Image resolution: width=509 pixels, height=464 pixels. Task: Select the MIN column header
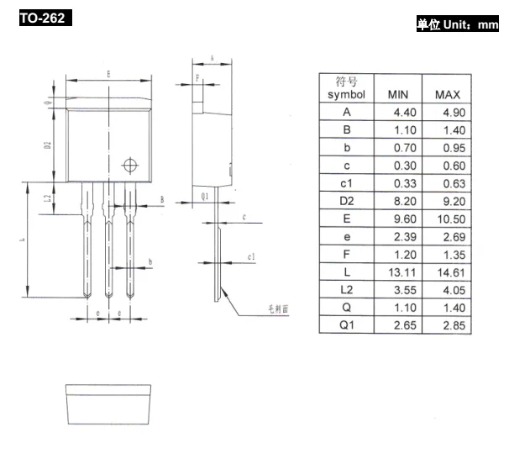point(397,95)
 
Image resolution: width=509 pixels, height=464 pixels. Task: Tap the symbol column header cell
point(346,88)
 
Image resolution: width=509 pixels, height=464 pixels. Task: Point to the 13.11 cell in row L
point(397,272)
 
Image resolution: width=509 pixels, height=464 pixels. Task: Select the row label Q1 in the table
point(346,325)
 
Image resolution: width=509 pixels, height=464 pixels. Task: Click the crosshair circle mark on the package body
point(129,165)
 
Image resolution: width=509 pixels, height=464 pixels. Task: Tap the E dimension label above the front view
point(108,74)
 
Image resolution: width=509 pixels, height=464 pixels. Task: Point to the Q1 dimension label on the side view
point(204,196)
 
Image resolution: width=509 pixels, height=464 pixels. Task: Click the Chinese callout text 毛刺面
point(278,309)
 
